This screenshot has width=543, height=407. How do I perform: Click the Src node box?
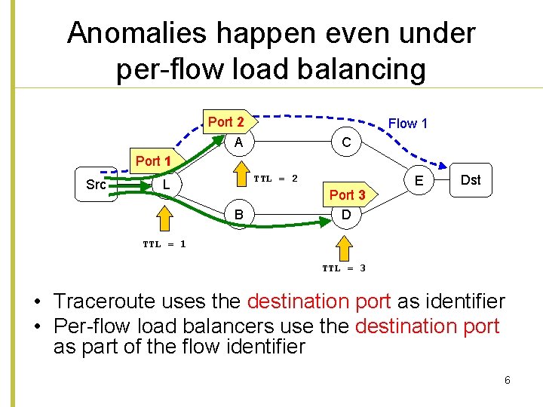click(96, 185)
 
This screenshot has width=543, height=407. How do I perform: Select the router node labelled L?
click(165, 184)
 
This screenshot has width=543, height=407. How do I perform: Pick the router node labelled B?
click(238, 216)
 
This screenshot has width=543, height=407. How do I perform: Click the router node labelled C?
click(345, 142)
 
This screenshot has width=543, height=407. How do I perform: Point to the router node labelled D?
click(345, 216)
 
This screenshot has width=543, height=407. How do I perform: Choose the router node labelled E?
click(419, 181)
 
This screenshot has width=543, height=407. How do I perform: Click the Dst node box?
click(471, 179)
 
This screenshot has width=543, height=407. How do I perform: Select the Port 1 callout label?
click(153, 161)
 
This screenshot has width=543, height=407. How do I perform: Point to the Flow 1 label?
click(407, 124)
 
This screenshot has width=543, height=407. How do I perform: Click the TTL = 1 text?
click(164, 243)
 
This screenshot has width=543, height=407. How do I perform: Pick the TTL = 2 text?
click(275, 179)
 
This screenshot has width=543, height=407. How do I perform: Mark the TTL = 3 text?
click(344, 268)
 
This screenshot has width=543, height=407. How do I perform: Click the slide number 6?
click(508, 380)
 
